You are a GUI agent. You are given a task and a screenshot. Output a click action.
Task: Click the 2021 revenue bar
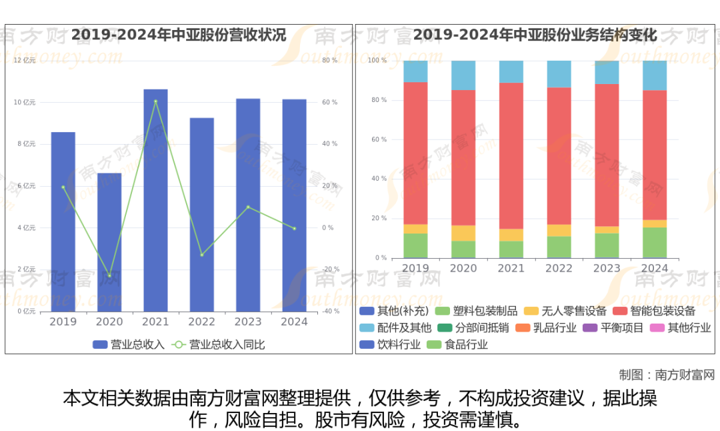pyautogui.click(x=155, y=200)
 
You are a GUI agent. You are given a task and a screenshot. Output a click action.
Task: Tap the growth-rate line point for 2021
pyautogui.click(x=155, y=101)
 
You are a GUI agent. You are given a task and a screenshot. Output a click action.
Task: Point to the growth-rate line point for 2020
pyautogui.click(x=109, y=276)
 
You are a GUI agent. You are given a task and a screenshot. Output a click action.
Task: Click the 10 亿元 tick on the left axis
pyautogui.click(x=25, y=102)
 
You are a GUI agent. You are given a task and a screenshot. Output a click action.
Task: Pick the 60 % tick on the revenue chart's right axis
pyautogui.click(x=329, y=102)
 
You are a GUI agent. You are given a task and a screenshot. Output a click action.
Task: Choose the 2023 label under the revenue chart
pyautogui.click(x=248, y=322)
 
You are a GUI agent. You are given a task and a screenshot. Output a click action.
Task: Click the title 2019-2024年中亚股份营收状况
pyautogui.click(x=179, y=35)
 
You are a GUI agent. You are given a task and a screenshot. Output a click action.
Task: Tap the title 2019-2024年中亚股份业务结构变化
pyautogui.click(x=535, y=35)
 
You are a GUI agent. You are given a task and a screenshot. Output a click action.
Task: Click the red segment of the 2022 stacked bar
pyautogui.click(x=559, y=155)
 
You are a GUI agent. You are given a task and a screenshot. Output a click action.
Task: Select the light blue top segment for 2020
pyautogui.click(x=463, y=75)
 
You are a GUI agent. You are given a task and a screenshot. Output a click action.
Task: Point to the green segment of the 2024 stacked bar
pyautogui.click(x=655, y=242)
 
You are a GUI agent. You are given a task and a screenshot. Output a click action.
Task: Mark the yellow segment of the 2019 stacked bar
pyautogui.click(x=415, y=229)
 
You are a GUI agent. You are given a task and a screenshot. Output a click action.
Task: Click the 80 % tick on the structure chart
pyautogui.click(x=377, y=100)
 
